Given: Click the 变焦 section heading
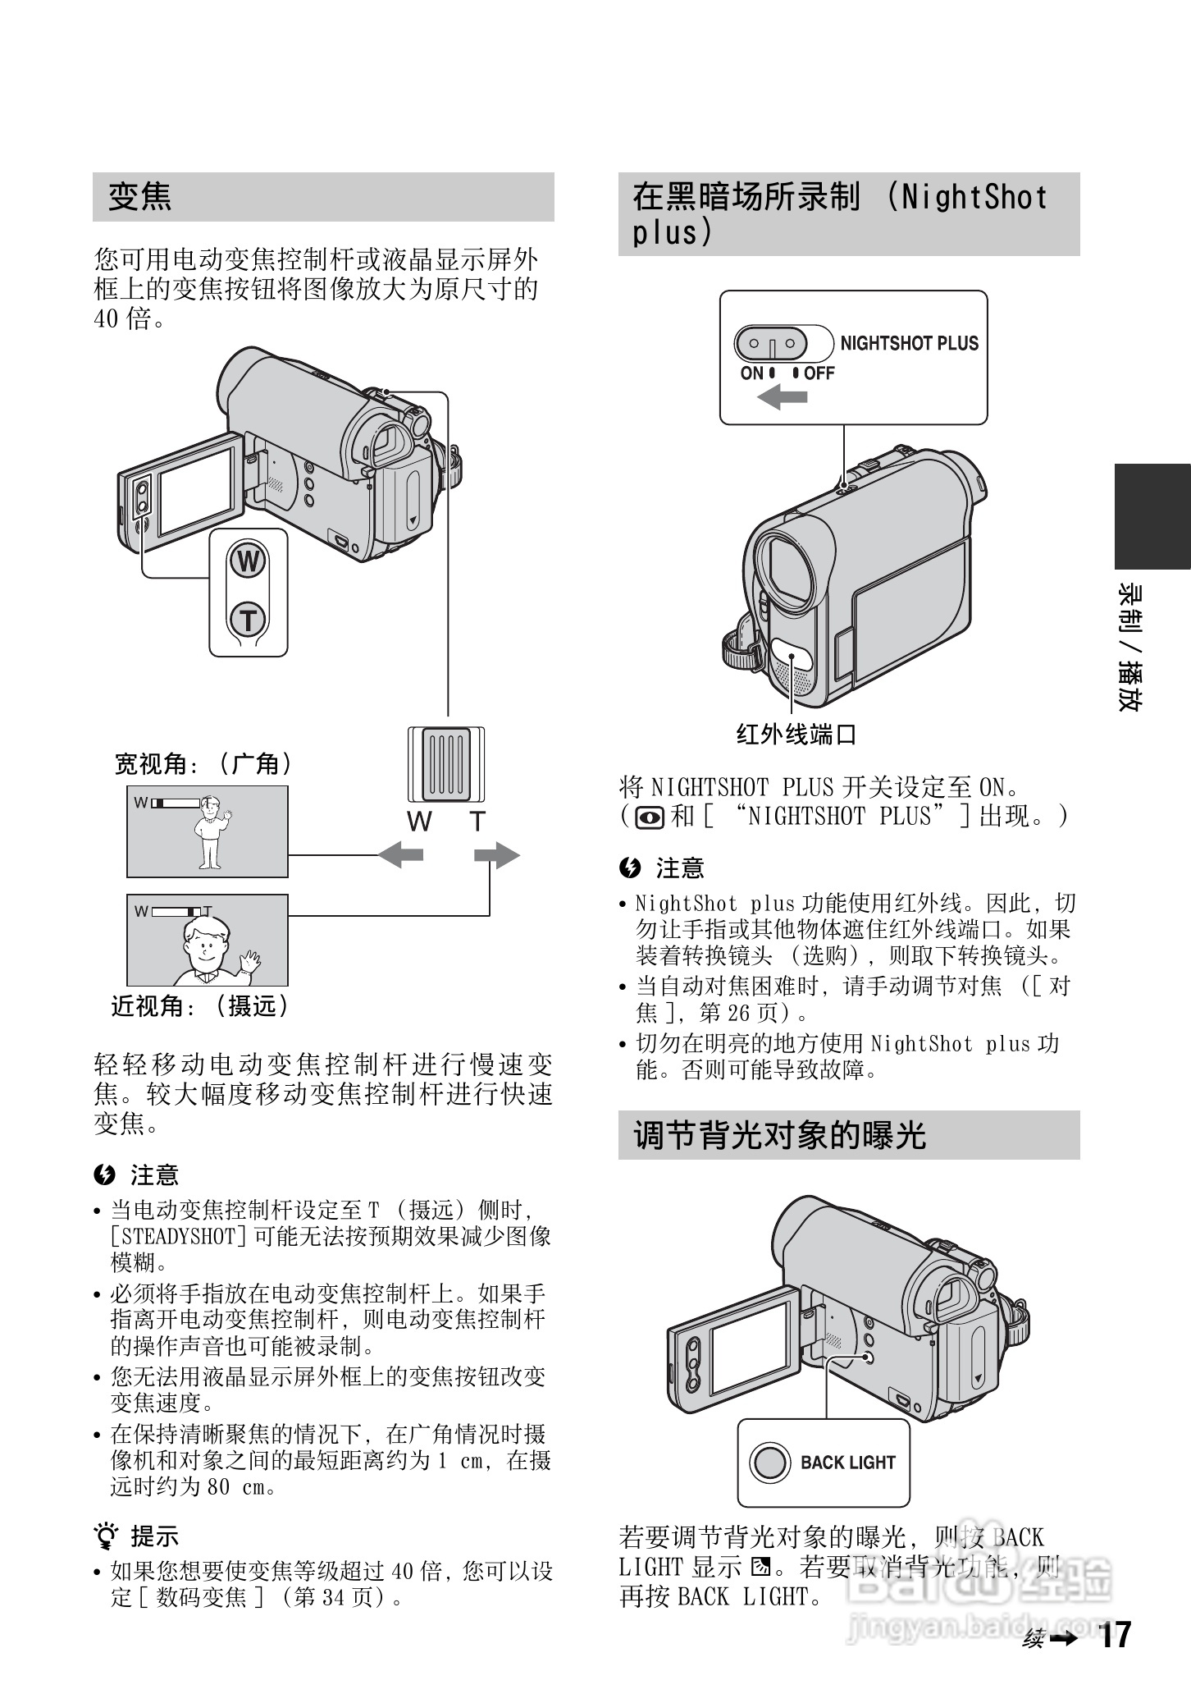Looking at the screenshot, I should click(140, 197).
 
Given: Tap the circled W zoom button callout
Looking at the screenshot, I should click(248, 563).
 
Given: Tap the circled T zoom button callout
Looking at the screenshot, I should click(248, 620).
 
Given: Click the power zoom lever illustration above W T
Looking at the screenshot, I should click(446, 765).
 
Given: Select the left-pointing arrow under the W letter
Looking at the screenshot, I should click(400, 855).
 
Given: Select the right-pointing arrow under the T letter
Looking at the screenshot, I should click(497, 855).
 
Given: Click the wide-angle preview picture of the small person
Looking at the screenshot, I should click(208, 831).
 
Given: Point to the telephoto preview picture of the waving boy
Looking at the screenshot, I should click(208, 941).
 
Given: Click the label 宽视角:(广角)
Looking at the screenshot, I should click(203, 764).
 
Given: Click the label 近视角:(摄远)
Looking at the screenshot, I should click(201, 1005).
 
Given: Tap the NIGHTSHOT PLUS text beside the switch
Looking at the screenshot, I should click(909, 344).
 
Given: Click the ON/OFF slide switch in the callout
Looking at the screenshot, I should click(771, 344).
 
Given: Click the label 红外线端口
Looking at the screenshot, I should click(796, 734).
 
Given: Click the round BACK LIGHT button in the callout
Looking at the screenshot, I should click(769, 1462).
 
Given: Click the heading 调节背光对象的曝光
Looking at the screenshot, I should click(779, 1136).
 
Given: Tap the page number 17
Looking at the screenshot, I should click(1114, 1635).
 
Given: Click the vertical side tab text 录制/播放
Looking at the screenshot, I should click(1129, 648).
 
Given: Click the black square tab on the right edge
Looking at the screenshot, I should click(1152, 516).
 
